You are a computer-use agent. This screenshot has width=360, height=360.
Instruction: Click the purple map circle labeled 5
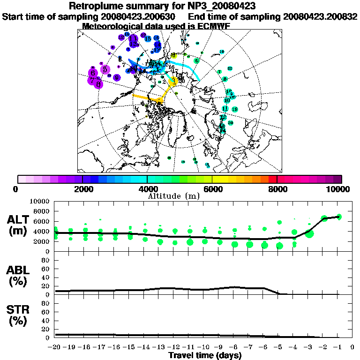coord(105,69)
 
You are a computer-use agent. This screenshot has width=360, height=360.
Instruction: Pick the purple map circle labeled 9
coord(116,77)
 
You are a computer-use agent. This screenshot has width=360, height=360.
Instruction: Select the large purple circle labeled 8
coord(98,84)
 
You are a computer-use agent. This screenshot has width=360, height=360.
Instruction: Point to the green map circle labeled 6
coord(196,60)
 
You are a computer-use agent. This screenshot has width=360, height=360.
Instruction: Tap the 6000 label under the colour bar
coord(212,189)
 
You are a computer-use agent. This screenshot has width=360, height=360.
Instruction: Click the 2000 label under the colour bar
coord(82,189)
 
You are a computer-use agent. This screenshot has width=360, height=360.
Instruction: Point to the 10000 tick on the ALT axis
coord(41,202)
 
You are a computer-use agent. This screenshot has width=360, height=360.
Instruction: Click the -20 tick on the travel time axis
coord(55,347)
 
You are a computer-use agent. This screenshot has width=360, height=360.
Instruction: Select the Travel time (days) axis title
coord(205,355)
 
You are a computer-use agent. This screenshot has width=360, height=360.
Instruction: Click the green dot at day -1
coord(339,217)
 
